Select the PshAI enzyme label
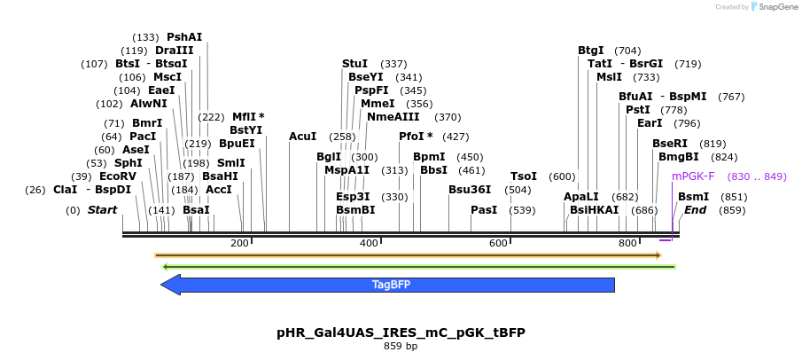coord(184,37)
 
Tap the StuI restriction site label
coord(354,64)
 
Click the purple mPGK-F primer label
coord(693,176)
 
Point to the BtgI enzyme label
coord(591,51)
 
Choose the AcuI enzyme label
coord(302,137)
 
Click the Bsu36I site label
coord(470,189)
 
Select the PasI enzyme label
coord(484,210)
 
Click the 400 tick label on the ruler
coord(369,243)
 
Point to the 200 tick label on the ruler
coord(239,243)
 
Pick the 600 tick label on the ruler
coord(498,243)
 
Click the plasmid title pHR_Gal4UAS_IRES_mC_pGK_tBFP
coord(401,333)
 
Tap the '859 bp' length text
coord(401,346)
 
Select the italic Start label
coord(102,210)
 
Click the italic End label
coord(695,210)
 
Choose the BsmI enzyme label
coord(693,197)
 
